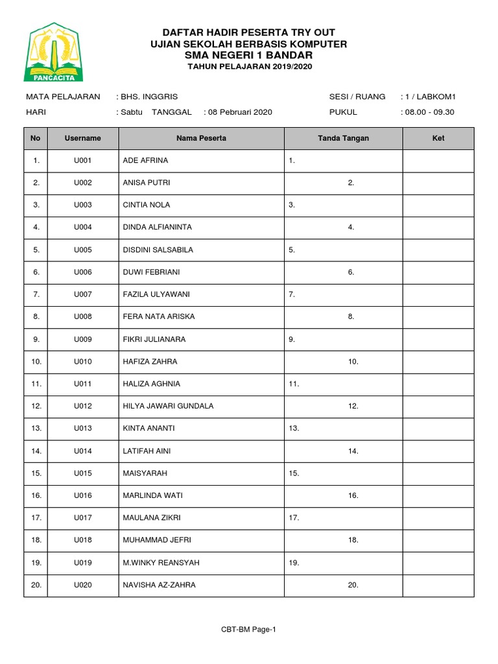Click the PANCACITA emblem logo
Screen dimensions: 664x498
click(x=54, y=53)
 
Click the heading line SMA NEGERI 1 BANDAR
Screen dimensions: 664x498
click(x=249, y=55)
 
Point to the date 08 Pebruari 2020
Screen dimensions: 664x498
click(x=239, y=112)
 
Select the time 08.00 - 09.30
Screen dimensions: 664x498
click(x=430, y=112)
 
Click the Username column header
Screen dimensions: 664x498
click(x=82, y=138)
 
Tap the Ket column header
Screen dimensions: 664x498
click(x=438, y=138)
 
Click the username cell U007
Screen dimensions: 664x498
click(x=83, y=294)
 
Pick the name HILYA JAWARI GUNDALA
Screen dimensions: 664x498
click(x=168, y=406)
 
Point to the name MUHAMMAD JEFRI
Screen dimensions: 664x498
click(x=157, y=540)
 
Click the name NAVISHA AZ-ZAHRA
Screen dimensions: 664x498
click(x=159, y=585)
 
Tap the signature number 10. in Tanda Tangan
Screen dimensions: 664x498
click(x=353, y=361)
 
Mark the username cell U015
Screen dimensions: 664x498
click(x=83, y=473)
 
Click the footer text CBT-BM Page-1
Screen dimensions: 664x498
click(x=248, y=629)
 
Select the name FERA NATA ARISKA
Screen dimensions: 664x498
click(x=159, y=316)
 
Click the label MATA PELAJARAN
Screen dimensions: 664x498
click(x=63, y=97)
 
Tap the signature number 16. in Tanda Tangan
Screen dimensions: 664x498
click(x=353, y=495)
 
